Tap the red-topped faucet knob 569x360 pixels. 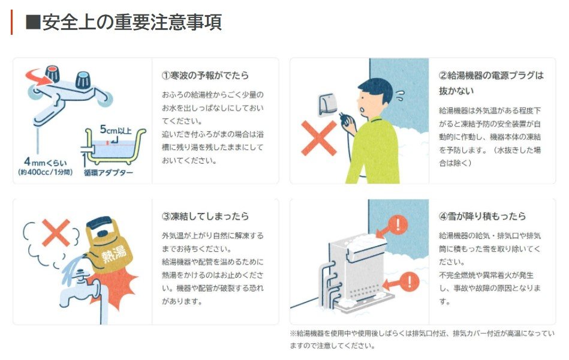point(52,74)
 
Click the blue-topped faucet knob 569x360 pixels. point(83,80)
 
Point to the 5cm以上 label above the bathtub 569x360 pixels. point(115,130)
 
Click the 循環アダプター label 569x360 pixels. point(109,173)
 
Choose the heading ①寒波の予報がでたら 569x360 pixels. point(206,76)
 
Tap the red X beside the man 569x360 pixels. point(319,138)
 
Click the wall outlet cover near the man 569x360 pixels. point(328,105)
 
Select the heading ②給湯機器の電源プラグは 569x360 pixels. point(491,76)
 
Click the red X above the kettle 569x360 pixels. point(56,233)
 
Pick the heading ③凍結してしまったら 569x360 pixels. point(206,217)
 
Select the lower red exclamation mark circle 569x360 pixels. point(410,281)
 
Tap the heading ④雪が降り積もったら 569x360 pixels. point(482,217)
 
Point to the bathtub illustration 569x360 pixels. point(113,147)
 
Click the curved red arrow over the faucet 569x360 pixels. point(37,77)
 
